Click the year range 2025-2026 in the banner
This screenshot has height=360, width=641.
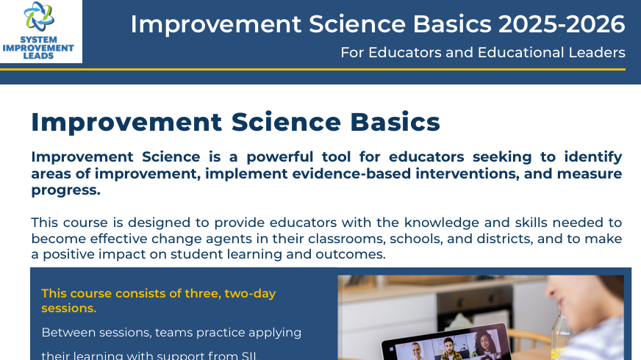(561, 24)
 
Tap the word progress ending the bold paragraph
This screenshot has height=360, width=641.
(65, 191)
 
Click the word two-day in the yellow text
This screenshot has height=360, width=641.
(245, 293)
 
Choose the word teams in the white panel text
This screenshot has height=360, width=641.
(171, 332)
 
